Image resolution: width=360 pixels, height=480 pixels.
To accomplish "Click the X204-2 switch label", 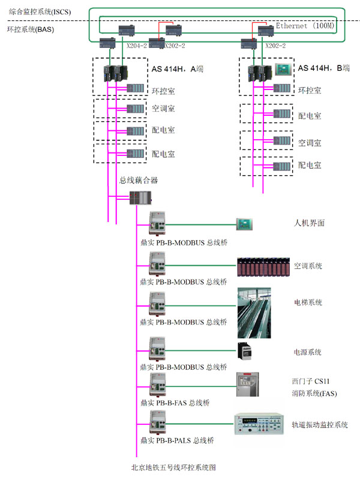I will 137,46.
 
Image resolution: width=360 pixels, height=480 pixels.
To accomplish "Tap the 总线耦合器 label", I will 139,180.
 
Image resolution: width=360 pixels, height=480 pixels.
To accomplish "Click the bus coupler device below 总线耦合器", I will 140,197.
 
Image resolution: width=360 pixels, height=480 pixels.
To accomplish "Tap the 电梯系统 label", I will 308,302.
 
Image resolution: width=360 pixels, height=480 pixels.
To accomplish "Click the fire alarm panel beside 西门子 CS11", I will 248,385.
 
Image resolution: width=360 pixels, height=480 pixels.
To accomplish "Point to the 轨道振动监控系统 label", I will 320,425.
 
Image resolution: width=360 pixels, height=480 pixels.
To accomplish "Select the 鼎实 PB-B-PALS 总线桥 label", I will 176,440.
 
